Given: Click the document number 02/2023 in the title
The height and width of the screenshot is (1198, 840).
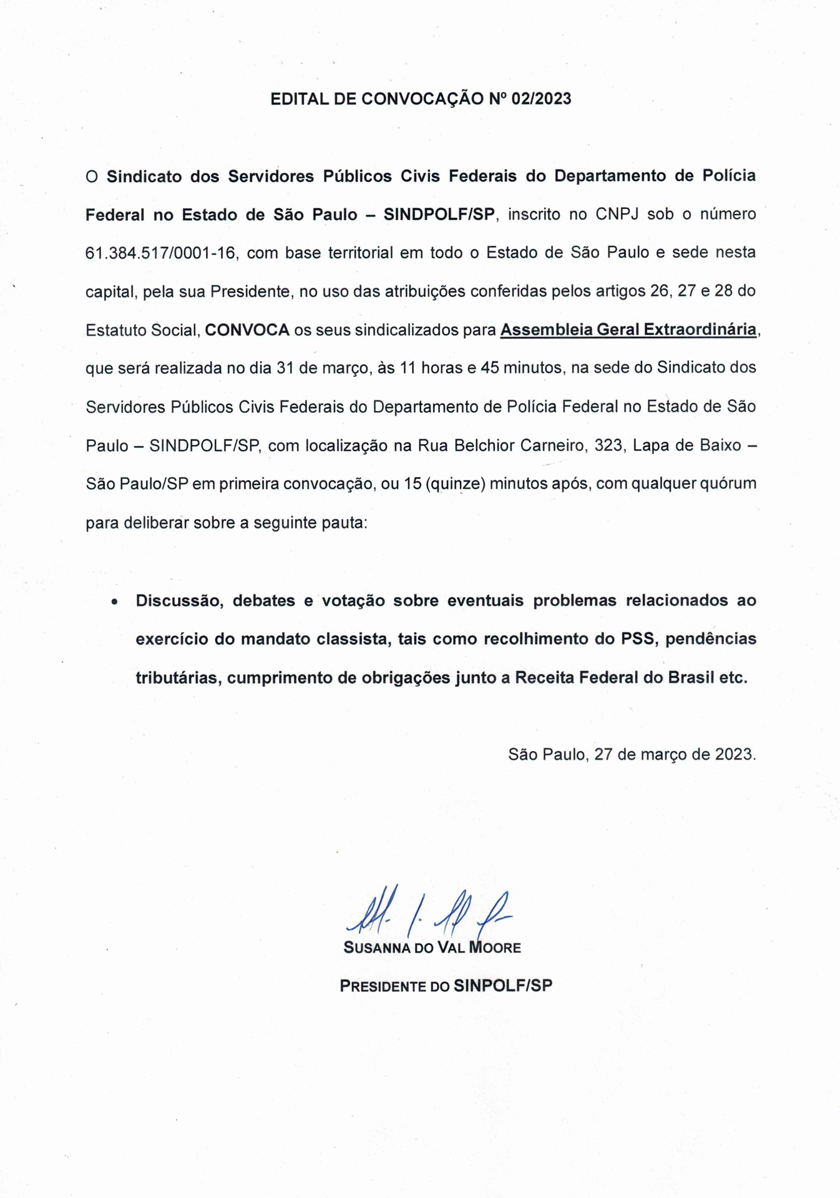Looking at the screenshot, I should point(541,99).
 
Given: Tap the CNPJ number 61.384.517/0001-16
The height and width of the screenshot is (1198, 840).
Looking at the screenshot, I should point(160,253).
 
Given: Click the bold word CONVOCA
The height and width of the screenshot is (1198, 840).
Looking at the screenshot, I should point(247,330).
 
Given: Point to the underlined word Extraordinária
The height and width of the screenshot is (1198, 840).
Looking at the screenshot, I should point(700,329).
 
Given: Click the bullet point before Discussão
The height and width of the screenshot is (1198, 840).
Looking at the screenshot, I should point(114,602).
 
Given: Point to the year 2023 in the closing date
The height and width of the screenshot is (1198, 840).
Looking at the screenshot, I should point(733,754).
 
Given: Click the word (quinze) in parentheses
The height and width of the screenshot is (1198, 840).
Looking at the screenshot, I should point(456,484).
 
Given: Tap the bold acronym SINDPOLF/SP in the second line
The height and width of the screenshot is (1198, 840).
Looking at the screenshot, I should point(439,215).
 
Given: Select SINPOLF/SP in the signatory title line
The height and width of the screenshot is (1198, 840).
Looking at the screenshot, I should point(503,986).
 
